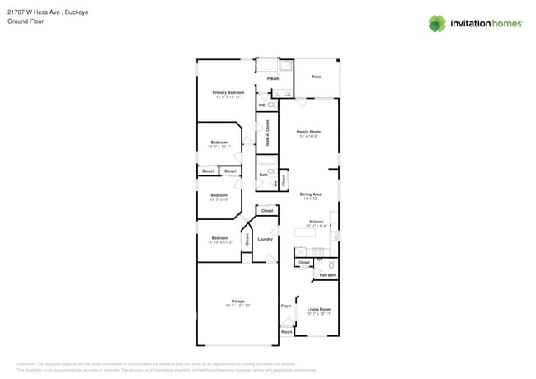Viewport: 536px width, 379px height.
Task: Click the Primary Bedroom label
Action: point(228,93)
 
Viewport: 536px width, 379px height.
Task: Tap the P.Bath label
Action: point(272,78)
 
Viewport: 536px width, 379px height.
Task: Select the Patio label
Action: point(316,77)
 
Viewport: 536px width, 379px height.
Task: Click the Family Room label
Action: point(309,132)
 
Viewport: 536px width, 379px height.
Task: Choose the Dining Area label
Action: point(310,194)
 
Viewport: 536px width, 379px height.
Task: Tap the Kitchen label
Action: point(316,222)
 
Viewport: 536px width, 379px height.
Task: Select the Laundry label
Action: point(265,239)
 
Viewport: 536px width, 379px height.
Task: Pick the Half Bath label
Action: point(327,275)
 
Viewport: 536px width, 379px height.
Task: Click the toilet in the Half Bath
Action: point(331,265)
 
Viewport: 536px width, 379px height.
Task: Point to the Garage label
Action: point(237,302)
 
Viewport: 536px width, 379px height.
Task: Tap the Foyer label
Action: point(286,306)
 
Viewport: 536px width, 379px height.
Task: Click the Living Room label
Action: point(318,310)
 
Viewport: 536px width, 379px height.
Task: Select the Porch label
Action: point(286,332)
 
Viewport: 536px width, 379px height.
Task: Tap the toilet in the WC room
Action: point(270,105)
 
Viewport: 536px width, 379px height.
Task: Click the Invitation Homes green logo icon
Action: point(437,24)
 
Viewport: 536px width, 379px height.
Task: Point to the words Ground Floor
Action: point(25,22)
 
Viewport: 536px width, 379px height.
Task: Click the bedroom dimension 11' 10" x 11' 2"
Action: point(219,243)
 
